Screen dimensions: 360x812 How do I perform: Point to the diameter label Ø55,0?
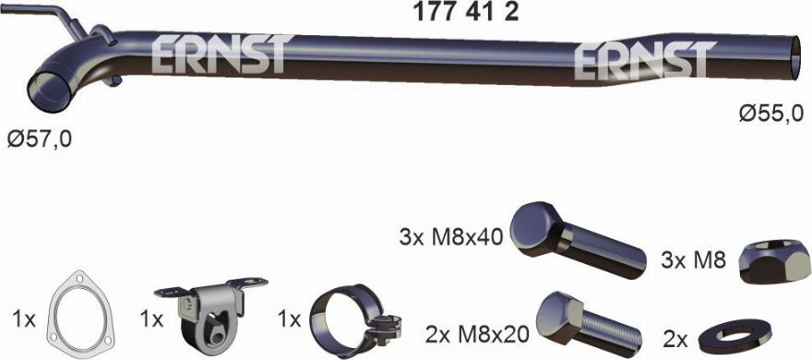coord(771,114)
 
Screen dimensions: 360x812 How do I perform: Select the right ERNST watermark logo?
coord(643,60)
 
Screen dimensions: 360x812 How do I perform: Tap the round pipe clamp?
coord(347,318)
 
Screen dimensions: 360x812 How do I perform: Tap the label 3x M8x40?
coord(450,236)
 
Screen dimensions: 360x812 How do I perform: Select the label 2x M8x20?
coord(476,331)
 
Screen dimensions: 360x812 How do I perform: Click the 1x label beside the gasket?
coord(24,319)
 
